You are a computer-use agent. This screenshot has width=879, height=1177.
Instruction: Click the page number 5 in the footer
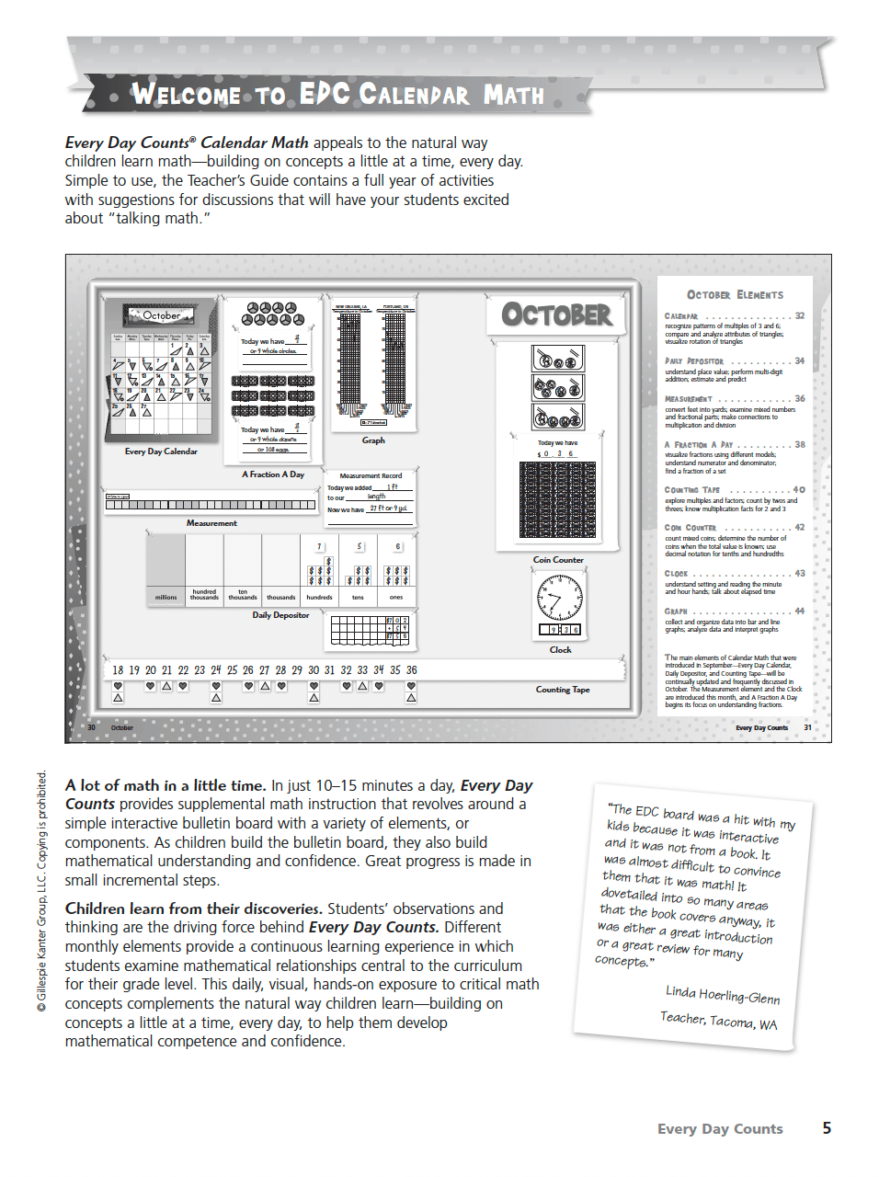coord(827,1128)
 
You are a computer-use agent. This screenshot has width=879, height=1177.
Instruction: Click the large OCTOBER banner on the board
coord(556,315)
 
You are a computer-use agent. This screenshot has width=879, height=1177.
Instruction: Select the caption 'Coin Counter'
coord(558,560)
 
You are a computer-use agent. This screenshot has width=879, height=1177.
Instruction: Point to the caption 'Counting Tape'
coord(563,690)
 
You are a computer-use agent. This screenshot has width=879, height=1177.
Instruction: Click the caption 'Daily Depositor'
coord(280,615)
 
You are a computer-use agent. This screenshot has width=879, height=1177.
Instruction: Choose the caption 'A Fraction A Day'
coord(273,474)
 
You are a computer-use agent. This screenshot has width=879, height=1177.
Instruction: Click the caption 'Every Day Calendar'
coord(161,451)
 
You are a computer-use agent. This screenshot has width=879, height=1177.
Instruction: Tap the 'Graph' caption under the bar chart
coord(373,440)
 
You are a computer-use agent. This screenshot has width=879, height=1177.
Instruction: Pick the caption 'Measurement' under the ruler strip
coord(211,523)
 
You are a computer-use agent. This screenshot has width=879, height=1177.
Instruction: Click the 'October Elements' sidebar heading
coord(735,295)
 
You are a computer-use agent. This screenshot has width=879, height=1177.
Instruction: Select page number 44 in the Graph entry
coord(799,611)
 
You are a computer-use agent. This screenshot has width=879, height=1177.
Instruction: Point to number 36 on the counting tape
coord(412,670)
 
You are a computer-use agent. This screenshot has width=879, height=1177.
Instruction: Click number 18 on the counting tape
coord(118,670)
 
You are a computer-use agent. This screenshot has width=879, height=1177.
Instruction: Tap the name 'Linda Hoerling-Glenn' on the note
coord(723,994)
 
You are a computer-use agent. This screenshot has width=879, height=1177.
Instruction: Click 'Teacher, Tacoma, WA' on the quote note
coord(718,1020)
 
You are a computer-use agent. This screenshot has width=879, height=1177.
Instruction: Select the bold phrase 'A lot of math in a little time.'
coord(166,785)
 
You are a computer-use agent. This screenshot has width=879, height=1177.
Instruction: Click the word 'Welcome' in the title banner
coord(186,95)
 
